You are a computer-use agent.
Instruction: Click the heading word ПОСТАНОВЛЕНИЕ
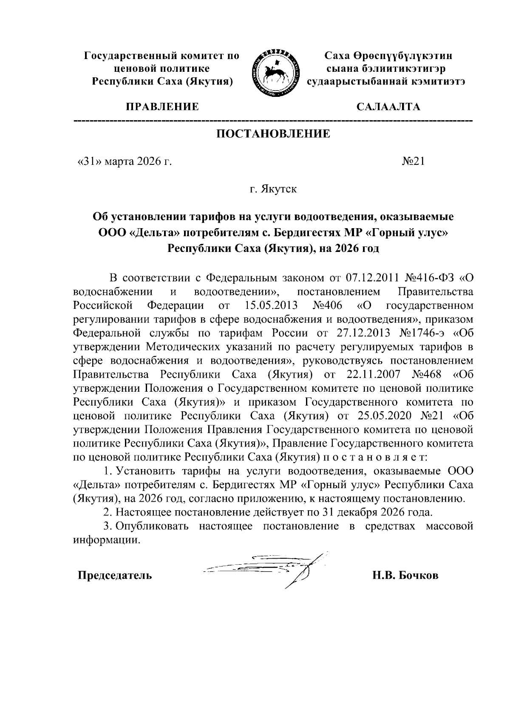click(x=273, y=134)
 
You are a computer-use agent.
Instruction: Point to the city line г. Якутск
click(x=273, y=189)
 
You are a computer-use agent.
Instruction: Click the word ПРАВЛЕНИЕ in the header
click(x=161, y=106)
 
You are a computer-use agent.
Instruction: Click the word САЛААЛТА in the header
click(x=388, y=106)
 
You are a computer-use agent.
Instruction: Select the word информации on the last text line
click(x=106, y=540)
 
